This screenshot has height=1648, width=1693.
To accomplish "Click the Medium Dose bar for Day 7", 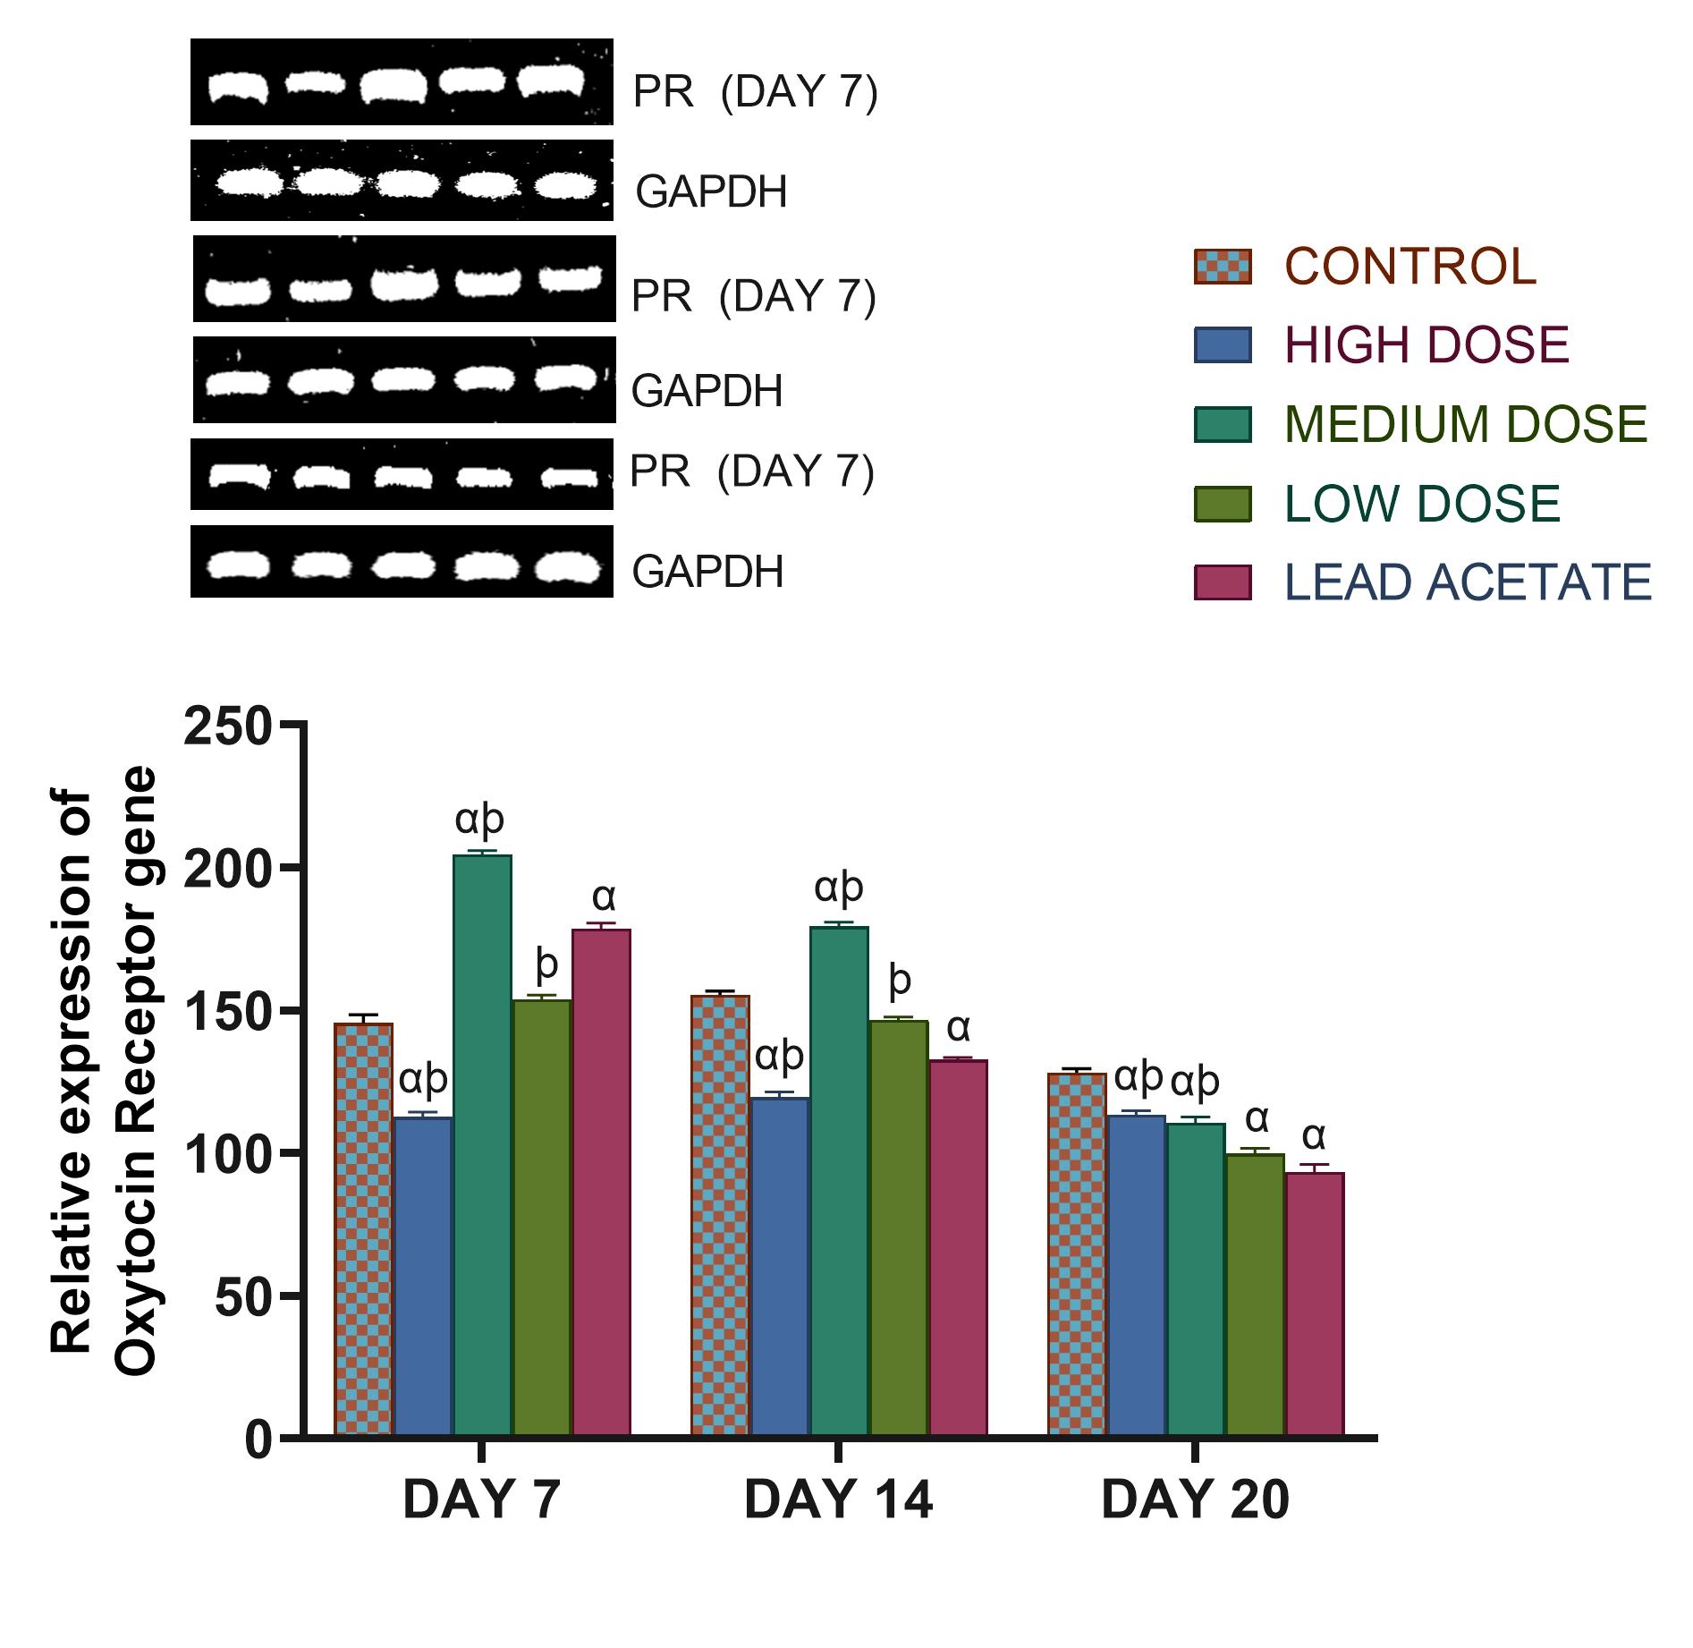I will (x=482, y=1145).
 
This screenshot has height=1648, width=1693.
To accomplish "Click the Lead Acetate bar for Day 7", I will (x=601, y=1182).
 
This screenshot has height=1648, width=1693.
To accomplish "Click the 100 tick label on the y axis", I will (x=227, y=1154).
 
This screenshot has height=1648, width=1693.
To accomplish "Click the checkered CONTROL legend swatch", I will (x=1222, y=267).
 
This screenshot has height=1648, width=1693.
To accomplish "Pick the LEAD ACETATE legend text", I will (x=1468, y=582).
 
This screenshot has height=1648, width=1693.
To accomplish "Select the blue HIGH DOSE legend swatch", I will (x=1222, y=345).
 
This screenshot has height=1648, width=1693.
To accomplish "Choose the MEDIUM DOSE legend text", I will (x=1465, y=424).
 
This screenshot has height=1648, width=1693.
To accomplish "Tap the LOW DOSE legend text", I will (x=1422, y=504).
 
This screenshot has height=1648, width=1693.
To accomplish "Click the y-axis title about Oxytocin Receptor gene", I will (x=103, y=1074).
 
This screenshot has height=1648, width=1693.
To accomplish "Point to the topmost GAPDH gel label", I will (x=711, y=191).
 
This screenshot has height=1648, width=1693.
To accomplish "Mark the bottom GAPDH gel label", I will (x=707, y=572).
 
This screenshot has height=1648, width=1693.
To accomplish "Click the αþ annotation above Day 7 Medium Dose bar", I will (x=480, y=818).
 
